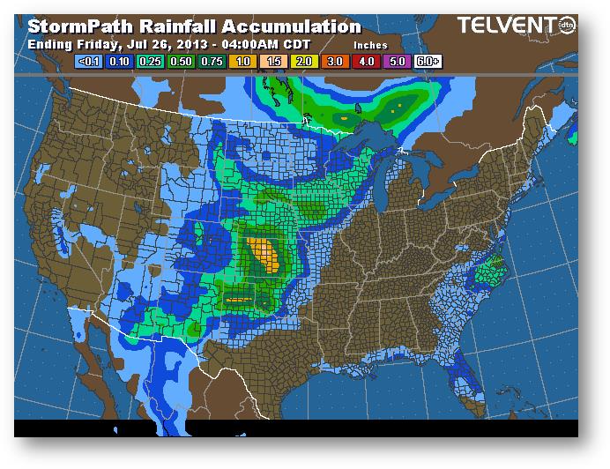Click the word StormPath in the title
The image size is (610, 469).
tap(79, 27)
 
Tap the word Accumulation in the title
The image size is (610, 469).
tap(287, 27)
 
